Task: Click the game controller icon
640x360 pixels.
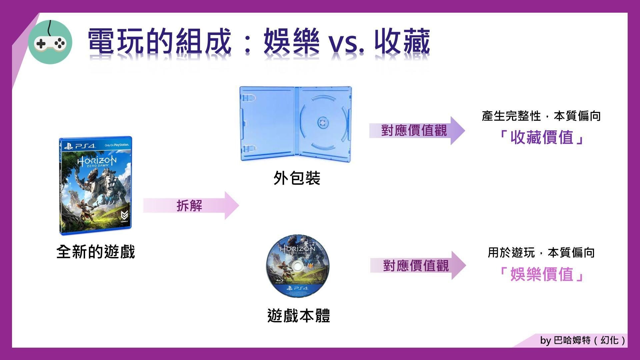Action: click(50, 42)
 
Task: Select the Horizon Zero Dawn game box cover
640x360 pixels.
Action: click(95, 185)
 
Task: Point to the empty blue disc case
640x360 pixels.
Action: click(296, 124)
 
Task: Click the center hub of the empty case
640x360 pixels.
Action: click(323, 122)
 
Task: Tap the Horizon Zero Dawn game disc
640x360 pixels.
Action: click(297, 266)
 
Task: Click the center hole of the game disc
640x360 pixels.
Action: click(297, 266)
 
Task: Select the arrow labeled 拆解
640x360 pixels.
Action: click(191, 205)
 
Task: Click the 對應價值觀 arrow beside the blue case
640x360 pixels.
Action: click(417, 130)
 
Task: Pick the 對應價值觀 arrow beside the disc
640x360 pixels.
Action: click(418, 265)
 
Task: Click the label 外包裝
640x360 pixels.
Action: click(297, 178)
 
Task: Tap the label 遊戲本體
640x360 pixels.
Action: click(299, 315)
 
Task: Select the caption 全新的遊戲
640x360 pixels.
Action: click(96, 252)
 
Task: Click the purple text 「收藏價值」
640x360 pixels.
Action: click(541, 137)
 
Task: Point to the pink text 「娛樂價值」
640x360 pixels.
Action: click(541, 274)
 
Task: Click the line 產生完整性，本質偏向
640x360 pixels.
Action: click(541, 116)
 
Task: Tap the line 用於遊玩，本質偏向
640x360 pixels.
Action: click(541, 253)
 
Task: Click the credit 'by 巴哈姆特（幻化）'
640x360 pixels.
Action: click(583, 340)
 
